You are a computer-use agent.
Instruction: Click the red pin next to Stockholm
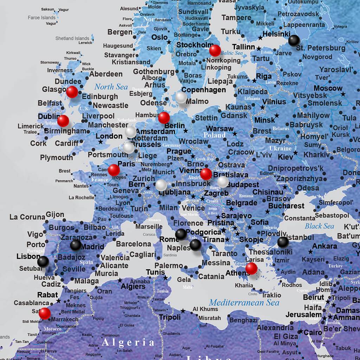coord(215,50)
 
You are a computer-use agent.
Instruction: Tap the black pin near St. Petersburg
coord(294,41)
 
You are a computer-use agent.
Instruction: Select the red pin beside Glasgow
coord(72,92)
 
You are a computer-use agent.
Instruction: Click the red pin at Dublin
coord(63,121)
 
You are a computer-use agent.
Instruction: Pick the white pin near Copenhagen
coord(181,97)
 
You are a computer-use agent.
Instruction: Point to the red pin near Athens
coord(251,268)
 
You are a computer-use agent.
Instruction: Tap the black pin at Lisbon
coord(43,261)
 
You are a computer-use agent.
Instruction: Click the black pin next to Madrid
coord(76,245)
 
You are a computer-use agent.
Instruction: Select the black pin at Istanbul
coord(283,242)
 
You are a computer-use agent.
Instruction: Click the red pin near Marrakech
coord(45,313)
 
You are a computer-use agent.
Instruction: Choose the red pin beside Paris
coord(114,170)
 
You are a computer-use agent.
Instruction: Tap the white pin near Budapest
coord(223,181)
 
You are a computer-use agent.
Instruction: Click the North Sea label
coord(111,86)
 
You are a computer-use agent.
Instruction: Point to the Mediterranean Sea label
coord(244,302)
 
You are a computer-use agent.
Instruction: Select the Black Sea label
coord(319,226)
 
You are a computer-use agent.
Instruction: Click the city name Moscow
coord(328,88)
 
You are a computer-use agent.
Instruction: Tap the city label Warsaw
coord(219,128)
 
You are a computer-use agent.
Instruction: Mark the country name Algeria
coord(128,342)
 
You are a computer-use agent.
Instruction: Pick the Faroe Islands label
coord(41,18)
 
